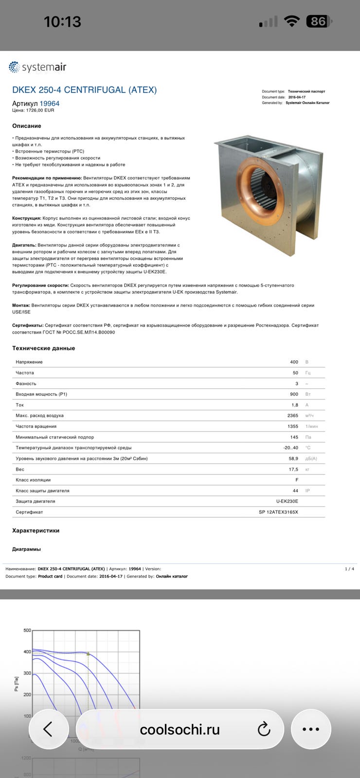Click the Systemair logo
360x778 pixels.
tap(37, 67)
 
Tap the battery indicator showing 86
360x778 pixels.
tap(318, 21)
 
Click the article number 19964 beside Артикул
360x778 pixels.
tap(50, 104)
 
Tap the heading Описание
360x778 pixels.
tap(27, 126)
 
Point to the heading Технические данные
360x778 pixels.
tap(44, 348)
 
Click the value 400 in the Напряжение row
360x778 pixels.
tap(294, 362)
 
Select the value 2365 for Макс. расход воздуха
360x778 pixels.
tap(293, 416)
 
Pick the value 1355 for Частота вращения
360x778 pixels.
tap(293, 426)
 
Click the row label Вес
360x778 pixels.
tap(20, 469)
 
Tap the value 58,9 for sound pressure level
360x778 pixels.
tap(293, 459)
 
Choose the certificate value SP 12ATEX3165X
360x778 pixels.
tap(278, 512)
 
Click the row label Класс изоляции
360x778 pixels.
tap(33, 480)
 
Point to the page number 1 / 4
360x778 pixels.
tap(349, 569)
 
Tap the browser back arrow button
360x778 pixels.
tap(48, 729)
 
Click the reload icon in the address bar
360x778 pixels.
tap(264, 729)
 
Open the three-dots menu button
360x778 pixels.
tap(311, 729)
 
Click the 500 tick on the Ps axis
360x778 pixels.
tap(27, 630)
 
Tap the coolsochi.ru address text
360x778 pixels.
tap(180, 730)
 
